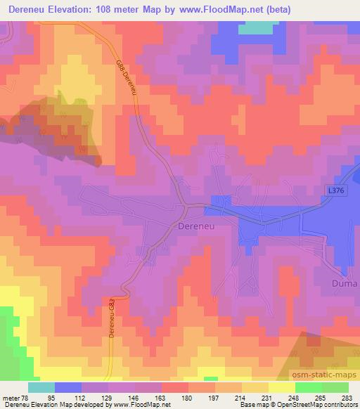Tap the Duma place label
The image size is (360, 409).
(344, 284)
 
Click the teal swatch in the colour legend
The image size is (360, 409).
(41, 387)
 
